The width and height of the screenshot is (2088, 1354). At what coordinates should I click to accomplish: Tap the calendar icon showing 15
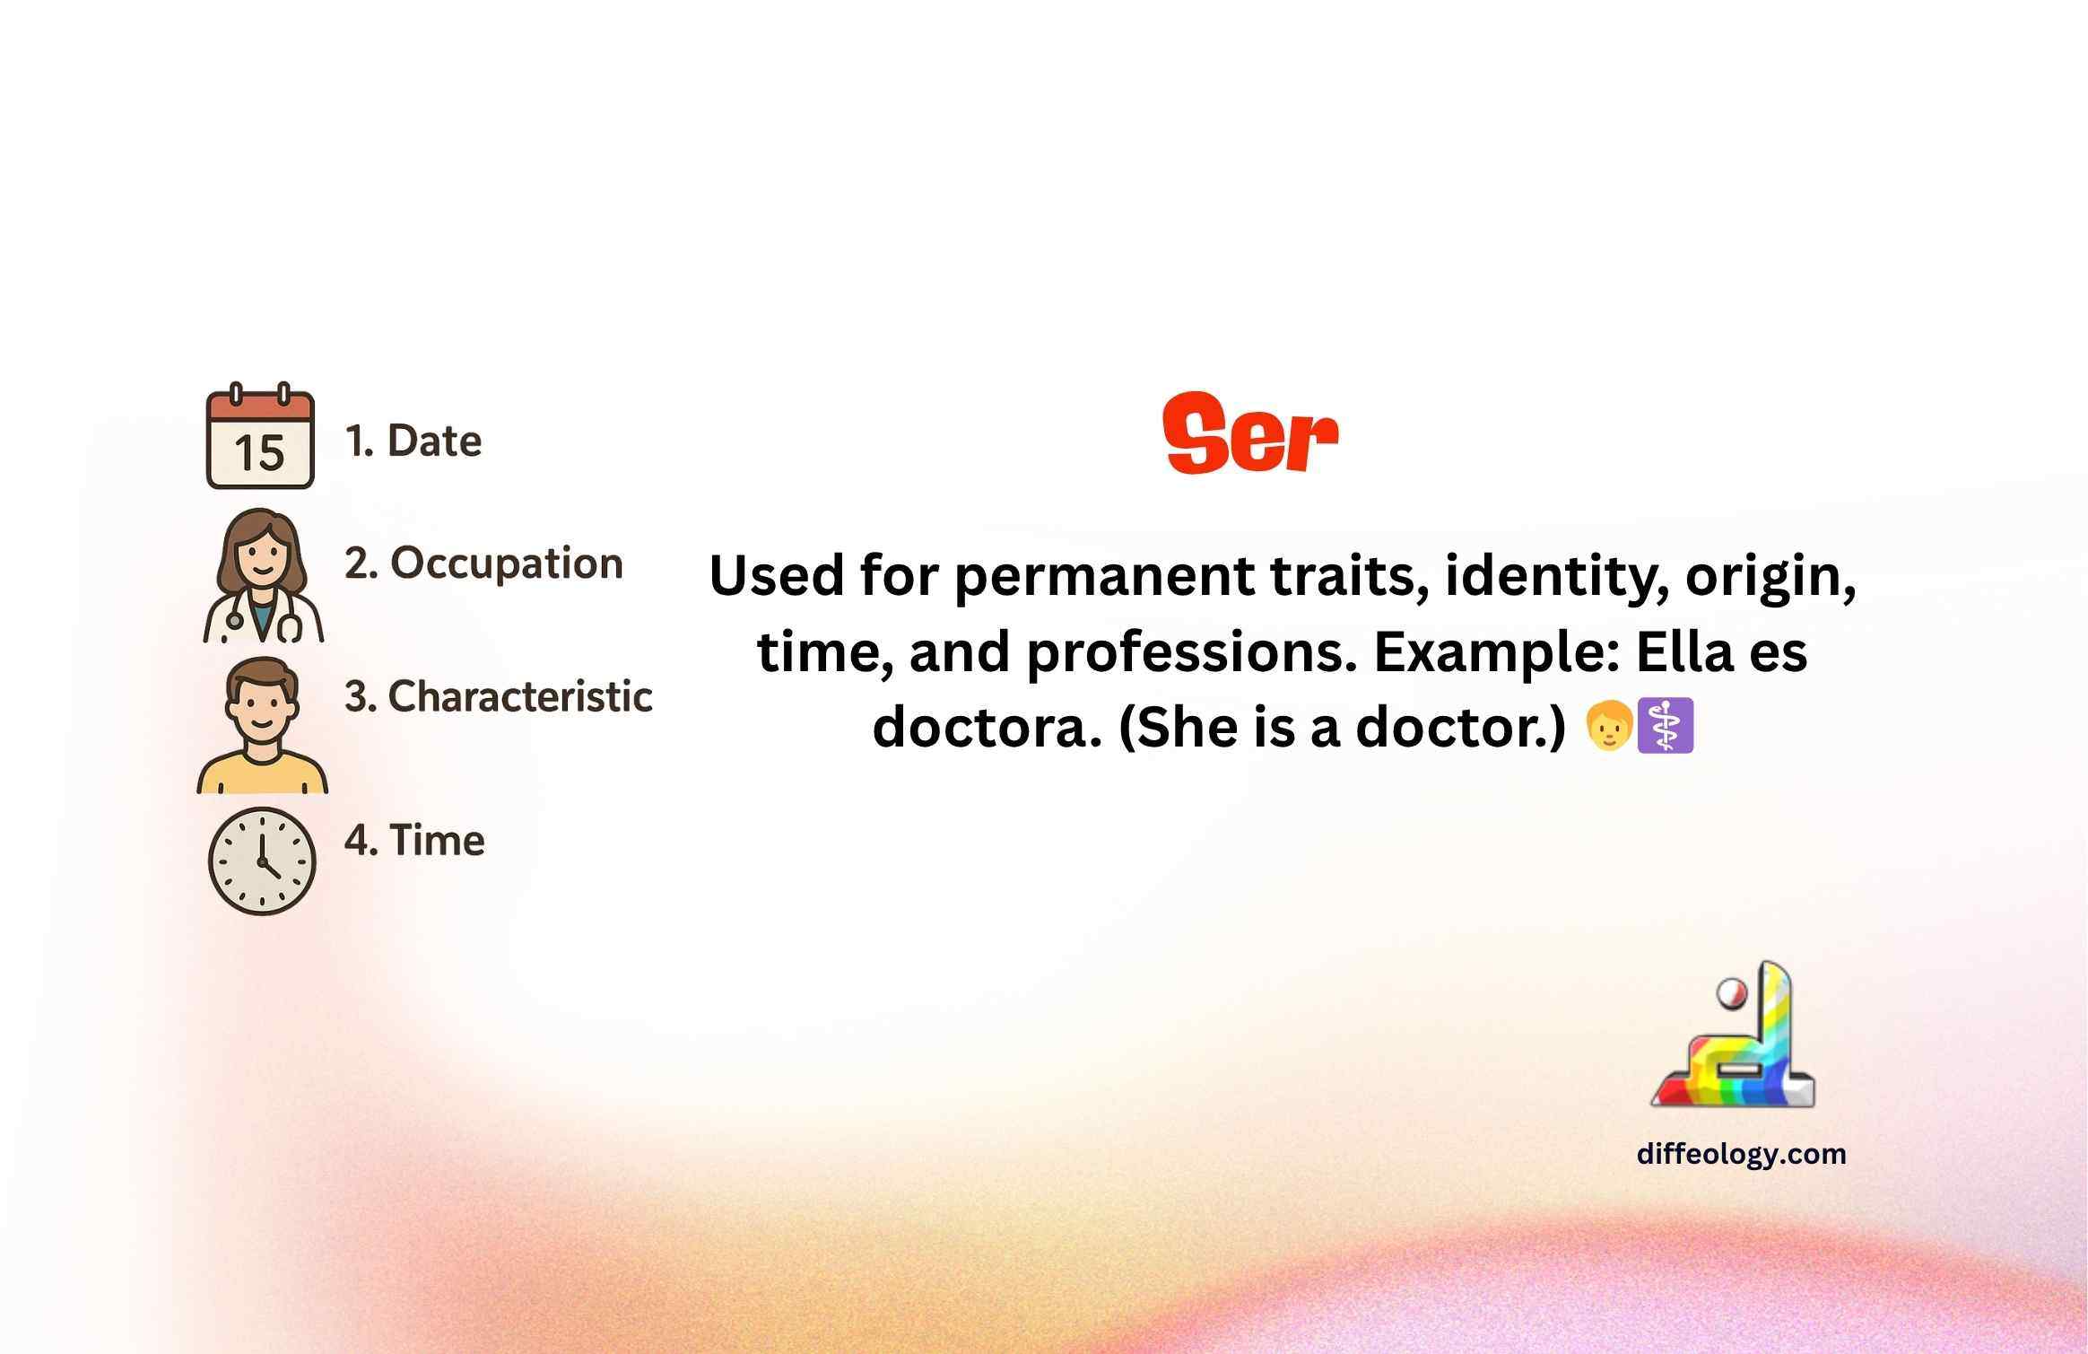tap(260, 436)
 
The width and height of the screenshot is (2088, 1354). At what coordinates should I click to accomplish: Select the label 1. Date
tap(413, 441)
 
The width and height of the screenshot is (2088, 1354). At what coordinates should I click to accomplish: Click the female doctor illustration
tap(263, 575)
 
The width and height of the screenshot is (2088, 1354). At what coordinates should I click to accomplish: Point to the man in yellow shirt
tap(262, 725)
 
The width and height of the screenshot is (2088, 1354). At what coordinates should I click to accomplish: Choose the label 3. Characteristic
tap(499, 696)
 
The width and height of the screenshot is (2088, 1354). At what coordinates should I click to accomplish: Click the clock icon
tap(262, 861)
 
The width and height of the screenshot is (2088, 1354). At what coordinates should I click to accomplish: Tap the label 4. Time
tap(414, 841)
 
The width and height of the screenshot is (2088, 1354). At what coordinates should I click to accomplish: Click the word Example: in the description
tap(1497, 651)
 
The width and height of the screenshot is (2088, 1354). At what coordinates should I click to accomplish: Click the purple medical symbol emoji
tap(1666, 726)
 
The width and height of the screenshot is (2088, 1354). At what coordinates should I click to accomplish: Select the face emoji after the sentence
tap(1609, 726)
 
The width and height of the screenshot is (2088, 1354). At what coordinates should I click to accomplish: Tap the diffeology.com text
tap(1742, 1154)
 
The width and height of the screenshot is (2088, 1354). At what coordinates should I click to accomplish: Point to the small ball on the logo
tap(1731, 994)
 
